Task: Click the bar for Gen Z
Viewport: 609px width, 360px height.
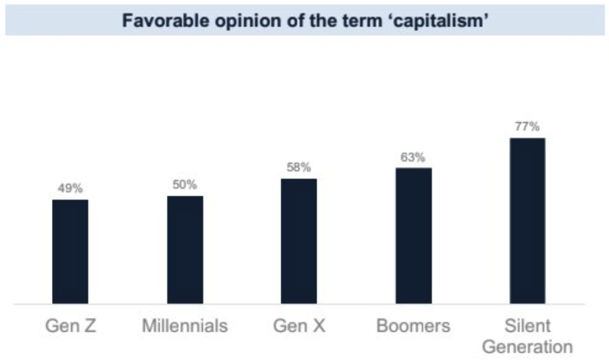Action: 70,251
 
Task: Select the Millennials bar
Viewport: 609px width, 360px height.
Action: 185,250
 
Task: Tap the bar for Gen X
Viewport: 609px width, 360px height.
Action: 298,241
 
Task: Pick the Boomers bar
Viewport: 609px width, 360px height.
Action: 413,236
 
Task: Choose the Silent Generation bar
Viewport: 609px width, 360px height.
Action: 527,221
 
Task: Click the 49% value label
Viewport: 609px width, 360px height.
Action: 70,189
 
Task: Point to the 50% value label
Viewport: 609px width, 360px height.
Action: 185,185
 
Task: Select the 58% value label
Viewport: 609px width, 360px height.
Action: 298,167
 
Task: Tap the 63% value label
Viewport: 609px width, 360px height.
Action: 413,157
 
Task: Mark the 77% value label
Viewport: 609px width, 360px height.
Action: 527,126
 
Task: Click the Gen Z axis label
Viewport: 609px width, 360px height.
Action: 70,325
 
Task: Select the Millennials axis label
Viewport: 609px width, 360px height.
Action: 185,325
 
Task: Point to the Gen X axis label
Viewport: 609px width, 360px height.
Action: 298,325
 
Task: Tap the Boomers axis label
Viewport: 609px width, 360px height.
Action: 413,325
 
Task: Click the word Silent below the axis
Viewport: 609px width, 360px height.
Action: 527,325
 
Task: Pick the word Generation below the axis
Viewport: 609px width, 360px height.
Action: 527,346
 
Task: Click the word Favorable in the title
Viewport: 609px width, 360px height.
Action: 158,21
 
